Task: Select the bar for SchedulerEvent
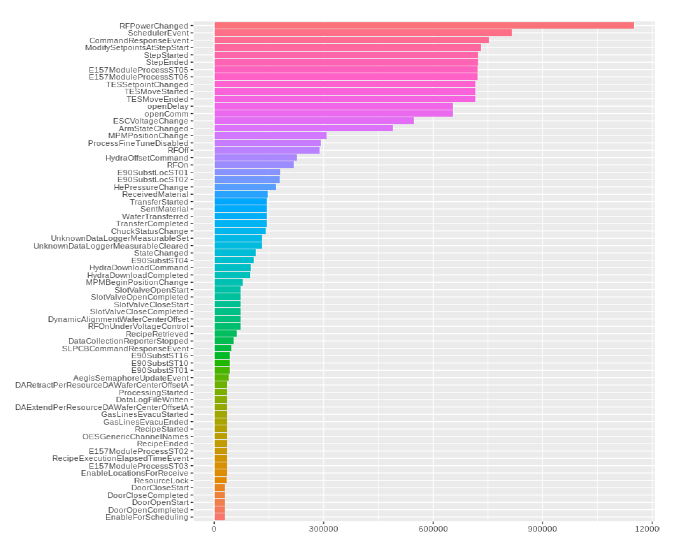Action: [x=363, y=33]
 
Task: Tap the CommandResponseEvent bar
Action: [x=351, y=40]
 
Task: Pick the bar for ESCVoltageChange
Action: [x=314, y=121]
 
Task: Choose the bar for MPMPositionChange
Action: [x=270, y=136]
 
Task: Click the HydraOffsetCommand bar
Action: [x=255, y=157]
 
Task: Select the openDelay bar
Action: [x=333, y=107]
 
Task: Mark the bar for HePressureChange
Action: [x=245, y=187]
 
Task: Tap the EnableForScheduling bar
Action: [x=220, y=517]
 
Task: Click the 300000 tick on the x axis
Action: [x=323, y=529]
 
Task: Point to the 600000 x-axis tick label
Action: [x=433, y=529]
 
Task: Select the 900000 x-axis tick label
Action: [x=542, y=529]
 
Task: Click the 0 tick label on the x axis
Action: [x=214, y=529]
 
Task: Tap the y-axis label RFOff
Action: [x=178, y=150]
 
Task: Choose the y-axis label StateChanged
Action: [x=161, y=253]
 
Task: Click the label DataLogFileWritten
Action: [x=152, y=400]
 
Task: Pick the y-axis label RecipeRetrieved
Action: [x=157, y=334]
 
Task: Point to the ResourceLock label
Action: [x=161, y=480]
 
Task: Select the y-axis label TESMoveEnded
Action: [x=157, y=99]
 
